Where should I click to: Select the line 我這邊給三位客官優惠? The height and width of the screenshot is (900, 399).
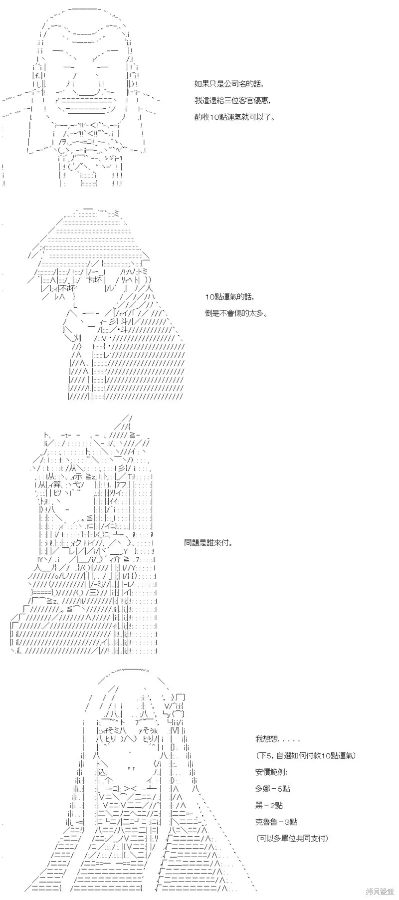[x=233, y=100]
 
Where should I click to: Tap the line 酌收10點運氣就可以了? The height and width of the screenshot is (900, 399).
[x=235, y=117]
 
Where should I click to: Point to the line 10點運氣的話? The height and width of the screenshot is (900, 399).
[x=229, y=297]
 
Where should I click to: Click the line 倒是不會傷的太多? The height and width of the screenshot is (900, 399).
[x=236, y=314]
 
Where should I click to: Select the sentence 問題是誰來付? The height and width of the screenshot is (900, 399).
[x=208, y=542]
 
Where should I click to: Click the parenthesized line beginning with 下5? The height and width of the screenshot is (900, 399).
[x=305, y=755]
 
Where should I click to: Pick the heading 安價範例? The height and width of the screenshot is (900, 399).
[x=271, y=772]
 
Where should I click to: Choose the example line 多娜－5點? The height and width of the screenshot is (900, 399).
[x=272, y=789]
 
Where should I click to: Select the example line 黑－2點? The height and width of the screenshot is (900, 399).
[x=269, y=805]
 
